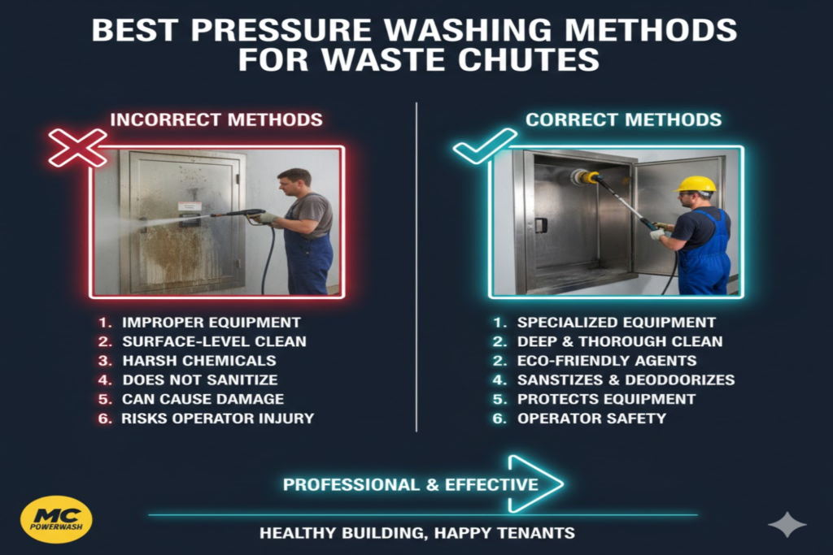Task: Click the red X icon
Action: tap(77, 147)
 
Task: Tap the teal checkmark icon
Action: tap(484, 146)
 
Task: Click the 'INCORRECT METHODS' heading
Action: tap(216, 120)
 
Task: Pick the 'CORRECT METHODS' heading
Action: tap(623, 120)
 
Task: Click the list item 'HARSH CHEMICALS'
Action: tap(198, 360)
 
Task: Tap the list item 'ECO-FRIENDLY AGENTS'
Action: tap(607, 360)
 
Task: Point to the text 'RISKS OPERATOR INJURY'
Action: tap(217, 418)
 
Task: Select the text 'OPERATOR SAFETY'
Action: tap(591, 418)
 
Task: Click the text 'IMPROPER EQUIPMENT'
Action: tap(211, 322)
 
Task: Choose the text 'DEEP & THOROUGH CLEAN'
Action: tap(620, 341)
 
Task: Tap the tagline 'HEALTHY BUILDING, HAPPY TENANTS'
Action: tap(416, 534)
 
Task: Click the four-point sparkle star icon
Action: tap(787, 525)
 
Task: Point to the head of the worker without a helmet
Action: tap(293, 181)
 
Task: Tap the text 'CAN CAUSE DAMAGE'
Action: tap(203, 399)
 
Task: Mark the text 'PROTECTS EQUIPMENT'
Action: tap(606, 399)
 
